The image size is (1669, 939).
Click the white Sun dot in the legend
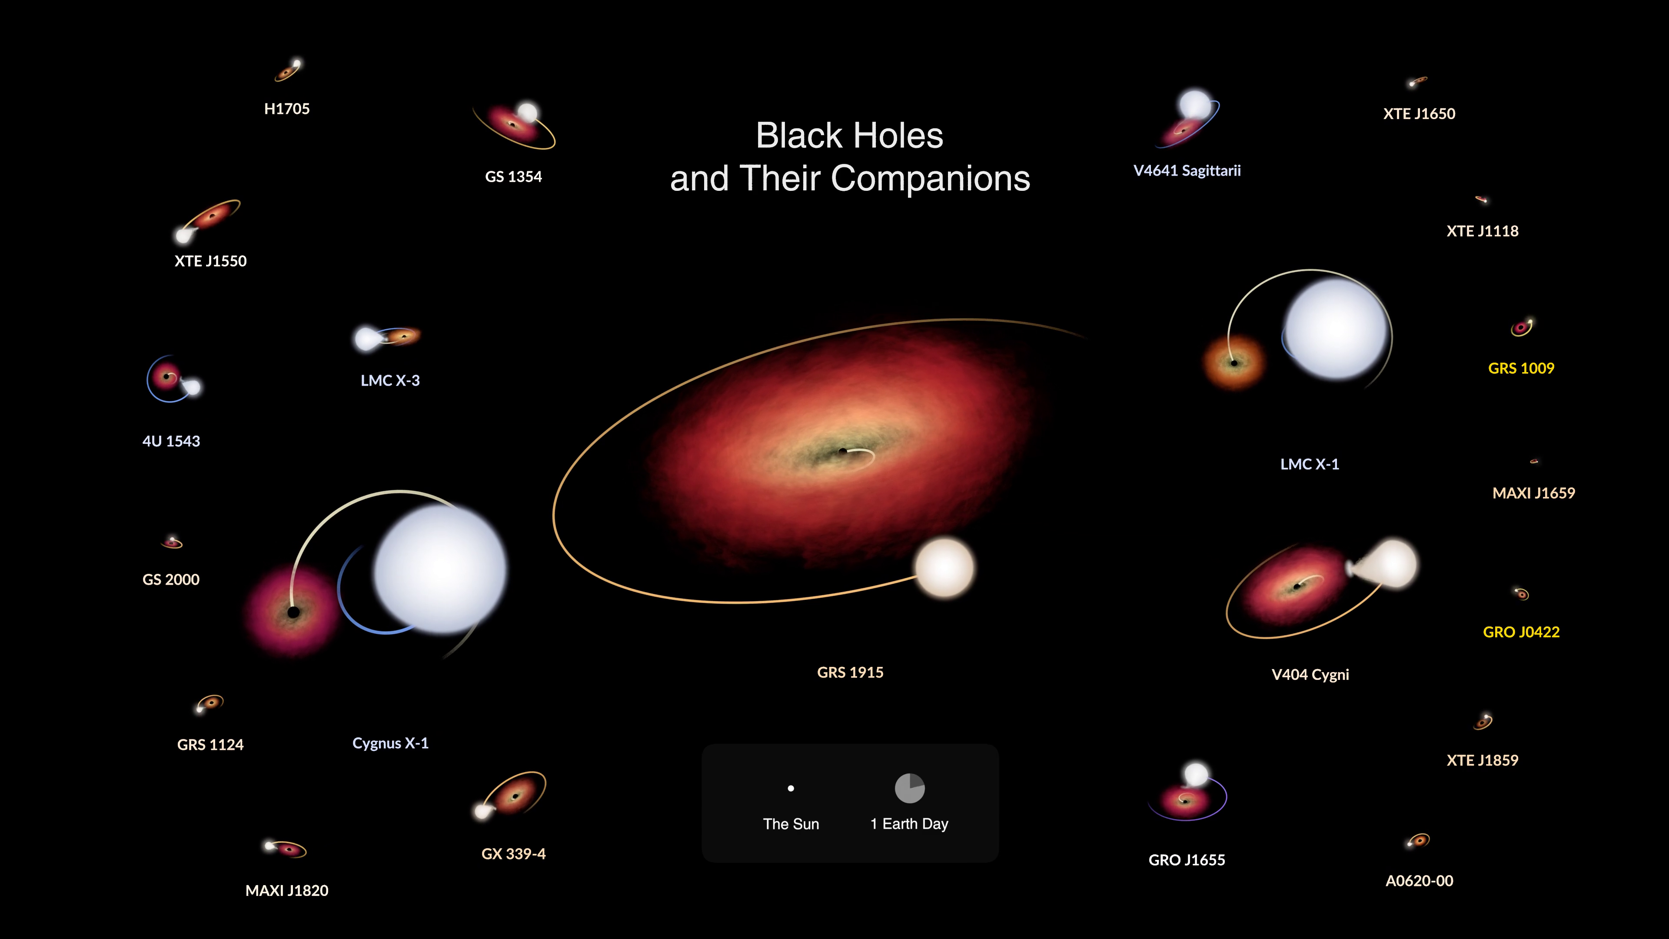point(791,789)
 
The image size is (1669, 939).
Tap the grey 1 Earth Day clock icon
point(910,788)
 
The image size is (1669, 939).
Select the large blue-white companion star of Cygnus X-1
point(441,569)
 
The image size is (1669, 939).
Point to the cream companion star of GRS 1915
point(944,567)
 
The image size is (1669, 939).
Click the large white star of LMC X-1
point(1336,329)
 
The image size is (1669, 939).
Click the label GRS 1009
point(1521,368)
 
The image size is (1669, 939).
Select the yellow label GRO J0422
point(1521,632)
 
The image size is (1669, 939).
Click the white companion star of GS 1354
point(527,113)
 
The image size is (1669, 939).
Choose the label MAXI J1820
point(287,890)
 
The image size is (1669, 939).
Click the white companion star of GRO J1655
point(1196,774)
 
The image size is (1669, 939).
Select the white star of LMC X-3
point(367,338)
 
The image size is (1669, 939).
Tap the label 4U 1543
point(171,441)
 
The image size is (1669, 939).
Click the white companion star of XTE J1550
point(184,235)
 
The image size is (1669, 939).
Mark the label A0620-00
point(1419,881)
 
